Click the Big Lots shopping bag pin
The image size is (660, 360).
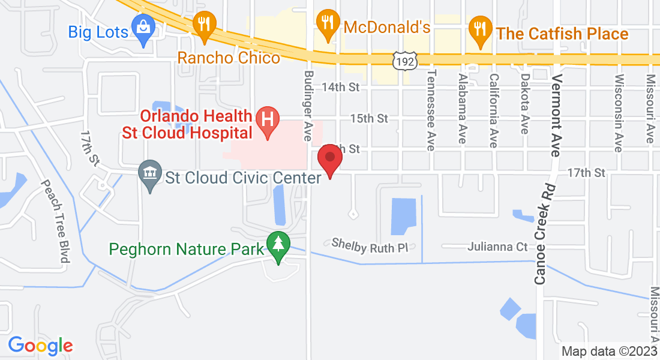(x=144, y=28)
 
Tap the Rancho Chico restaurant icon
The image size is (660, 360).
(x=205, y=25)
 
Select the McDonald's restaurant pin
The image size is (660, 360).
(x=326, y=23)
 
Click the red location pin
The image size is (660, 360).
(x=329, y=159)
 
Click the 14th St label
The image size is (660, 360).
(x=340, y=88)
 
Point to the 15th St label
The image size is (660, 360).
(x=369, y=119)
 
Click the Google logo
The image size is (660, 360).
(x=40, y=346)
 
